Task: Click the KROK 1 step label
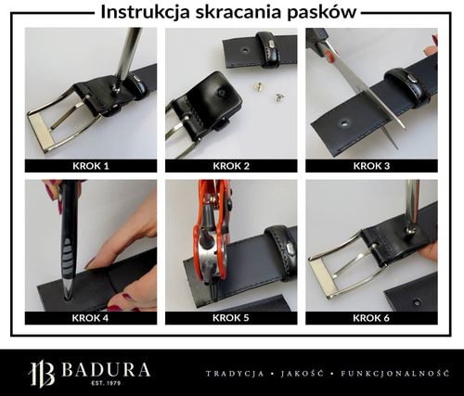click(90, 166)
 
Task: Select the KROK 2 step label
click(231, 166)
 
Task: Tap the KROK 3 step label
click(371, 166)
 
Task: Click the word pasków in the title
click(325, 12)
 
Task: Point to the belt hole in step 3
click(344, 121)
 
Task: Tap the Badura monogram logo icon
click(42, 374)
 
